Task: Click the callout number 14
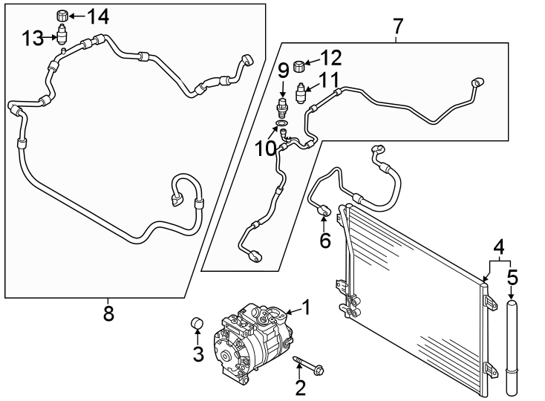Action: [98, 16]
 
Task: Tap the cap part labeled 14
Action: [62, 16]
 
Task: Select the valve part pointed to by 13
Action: [62, 35]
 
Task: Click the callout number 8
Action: [108, 313]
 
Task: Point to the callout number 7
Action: [398, 27]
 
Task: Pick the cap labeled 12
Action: [298, 65]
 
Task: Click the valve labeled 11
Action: [300, 93]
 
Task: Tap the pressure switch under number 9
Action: [282, 108]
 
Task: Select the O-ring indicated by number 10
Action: [282, 123]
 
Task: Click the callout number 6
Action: [325, 241]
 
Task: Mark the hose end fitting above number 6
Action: [324, 209]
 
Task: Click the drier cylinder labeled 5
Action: [512, 348]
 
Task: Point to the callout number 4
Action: [499, 247]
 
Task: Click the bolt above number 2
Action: [309, 365]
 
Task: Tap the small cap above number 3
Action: [197, 323]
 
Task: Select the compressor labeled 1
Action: [253, 342]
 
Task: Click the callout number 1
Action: [306, 307]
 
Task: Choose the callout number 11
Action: [329, 80]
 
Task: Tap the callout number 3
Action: [198, 354]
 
